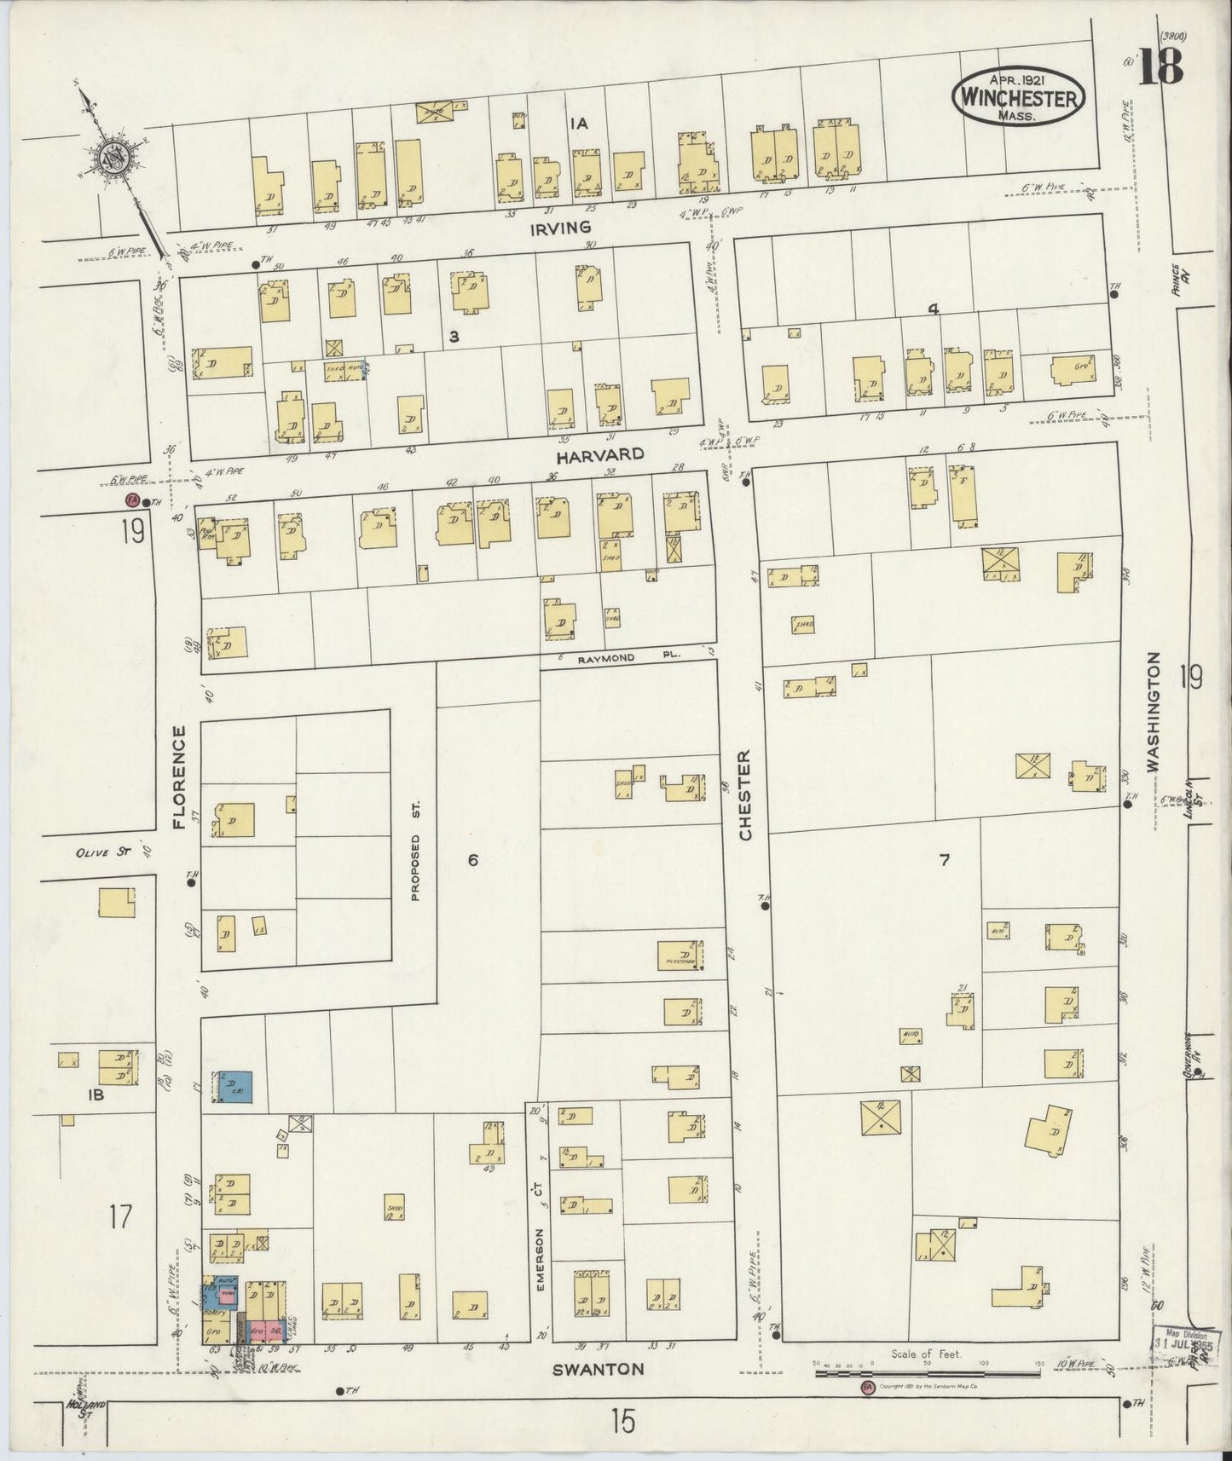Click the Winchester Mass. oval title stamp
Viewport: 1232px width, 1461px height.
[1019, 97]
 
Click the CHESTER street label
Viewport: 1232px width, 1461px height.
[745, 795]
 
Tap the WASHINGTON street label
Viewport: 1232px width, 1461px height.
[1154, 712]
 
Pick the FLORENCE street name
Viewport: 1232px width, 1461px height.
[179, 777]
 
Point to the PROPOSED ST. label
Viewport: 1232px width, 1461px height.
[415, 850]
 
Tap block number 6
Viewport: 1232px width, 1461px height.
[472, 860]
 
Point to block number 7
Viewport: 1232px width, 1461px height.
[944, 860]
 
